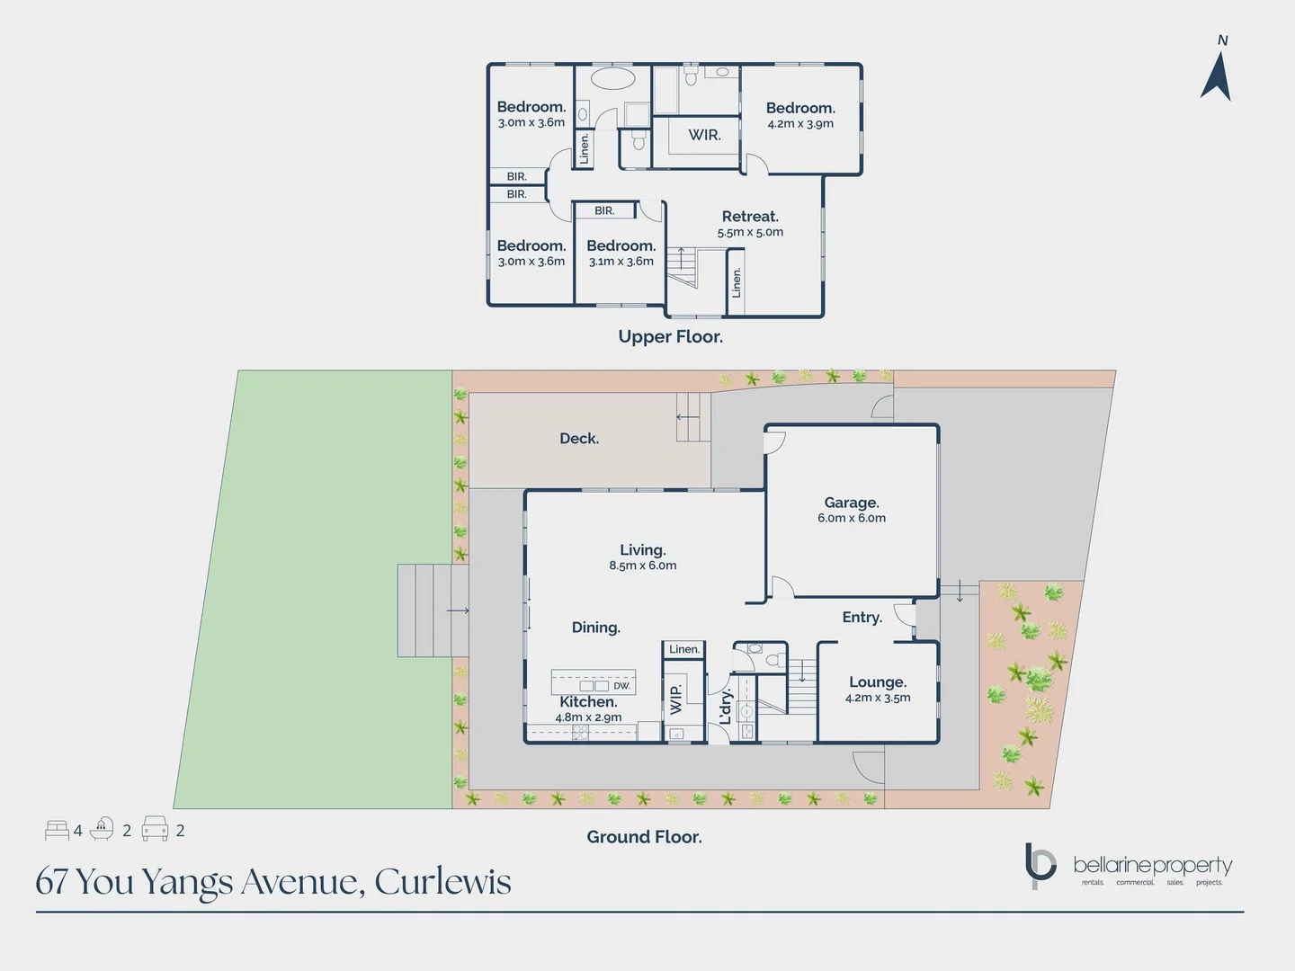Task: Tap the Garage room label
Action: coord(852,503)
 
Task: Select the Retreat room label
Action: coord(750,217)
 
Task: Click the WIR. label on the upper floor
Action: coord(704,135)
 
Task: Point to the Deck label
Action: coord(579,439)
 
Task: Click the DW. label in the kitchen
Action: coord(621,686)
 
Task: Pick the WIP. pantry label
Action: coord(676,699)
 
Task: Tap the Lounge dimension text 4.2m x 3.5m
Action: coord(878,698)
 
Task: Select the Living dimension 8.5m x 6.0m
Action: coord(642,566)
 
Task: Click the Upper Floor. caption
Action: coord(670,337)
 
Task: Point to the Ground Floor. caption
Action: coord(644,837)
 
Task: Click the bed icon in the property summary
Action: coord(57,830)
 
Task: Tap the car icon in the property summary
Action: coord(155,829)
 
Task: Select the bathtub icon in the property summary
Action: coord(102,829)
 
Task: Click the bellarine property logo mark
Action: coord(1040,865)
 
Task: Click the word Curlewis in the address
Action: coord(442,882)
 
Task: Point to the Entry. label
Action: coord(862,618)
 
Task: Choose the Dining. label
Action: coord(595,628)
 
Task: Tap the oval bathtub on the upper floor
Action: coord(612,79)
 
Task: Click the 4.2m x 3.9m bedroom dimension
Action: coord(800,124)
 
